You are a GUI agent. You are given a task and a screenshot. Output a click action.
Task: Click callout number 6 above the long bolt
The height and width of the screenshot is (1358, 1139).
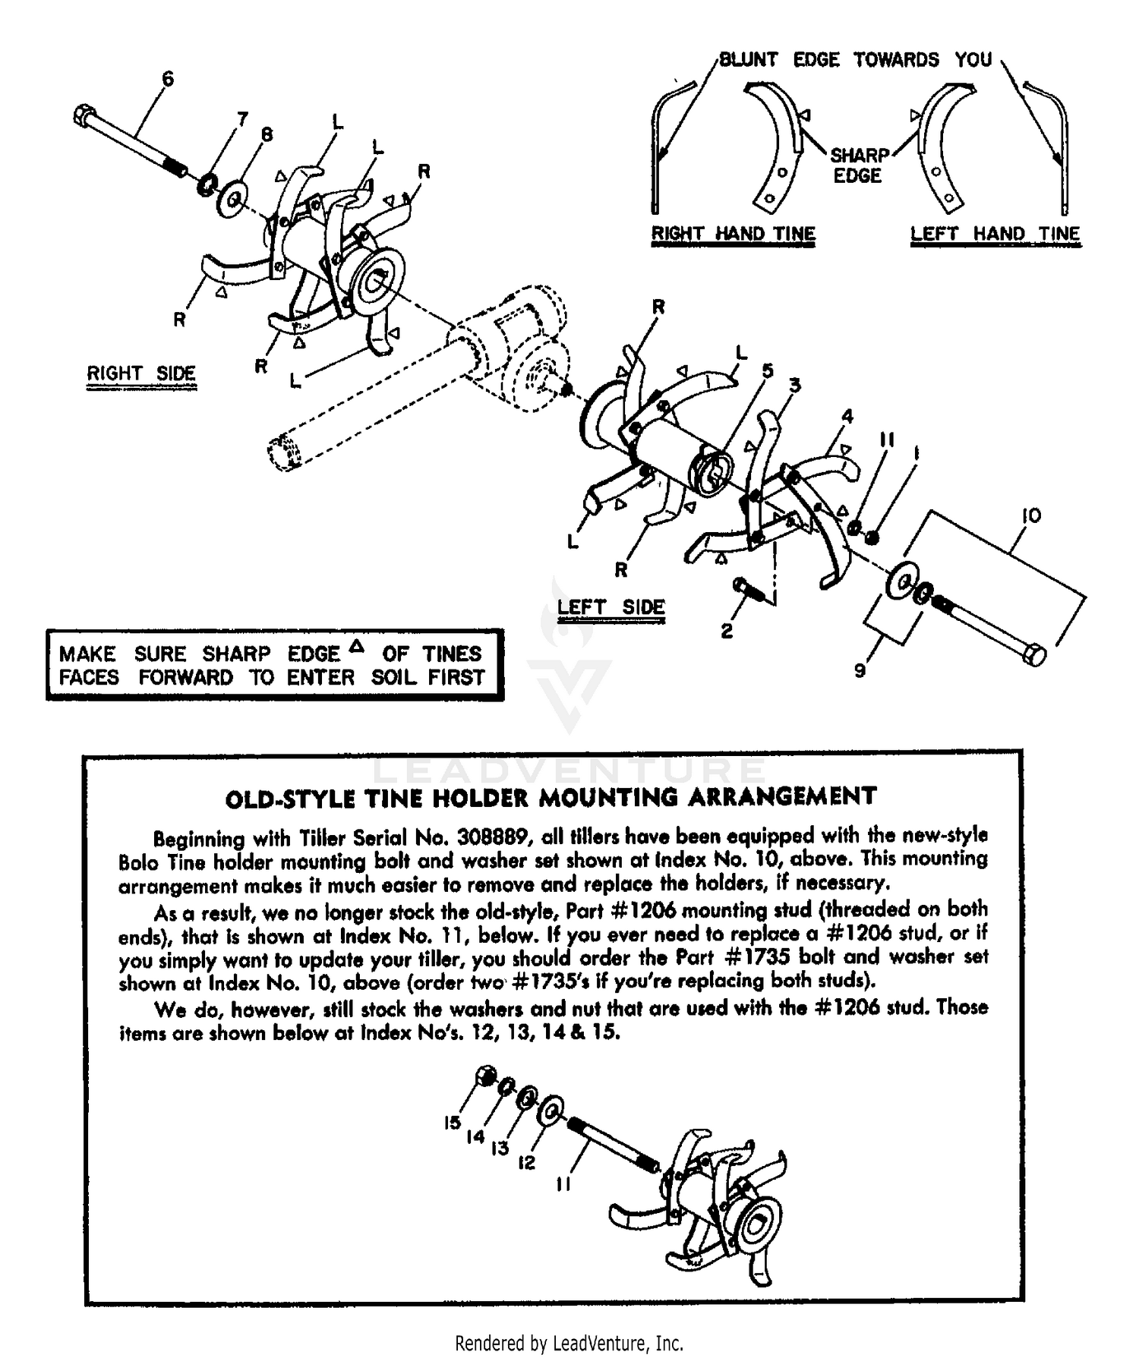tap(168, 79)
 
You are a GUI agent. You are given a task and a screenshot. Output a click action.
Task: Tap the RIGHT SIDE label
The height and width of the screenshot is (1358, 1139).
tap(141, 373)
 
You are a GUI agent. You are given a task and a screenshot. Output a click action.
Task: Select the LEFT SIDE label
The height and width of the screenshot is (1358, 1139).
tap(611, 607)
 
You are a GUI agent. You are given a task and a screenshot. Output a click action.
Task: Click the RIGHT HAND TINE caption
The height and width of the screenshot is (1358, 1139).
tap(733, 234)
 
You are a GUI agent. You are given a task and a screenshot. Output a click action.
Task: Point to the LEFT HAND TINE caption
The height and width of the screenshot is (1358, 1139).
tap(995, 234)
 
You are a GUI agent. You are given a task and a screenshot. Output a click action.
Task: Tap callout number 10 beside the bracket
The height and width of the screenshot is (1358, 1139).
tap(1030, 516)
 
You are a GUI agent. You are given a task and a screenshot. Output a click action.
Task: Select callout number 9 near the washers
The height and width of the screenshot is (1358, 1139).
tap(860, 671)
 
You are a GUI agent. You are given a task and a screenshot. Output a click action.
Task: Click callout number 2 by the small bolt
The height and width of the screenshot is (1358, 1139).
tap(727, 632)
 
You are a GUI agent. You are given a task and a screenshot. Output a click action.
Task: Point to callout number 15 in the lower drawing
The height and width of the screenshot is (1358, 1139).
tap(453, 1122)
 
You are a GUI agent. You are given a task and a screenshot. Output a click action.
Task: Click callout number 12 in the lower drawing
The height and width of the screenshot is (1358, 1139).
tap(527, 1162)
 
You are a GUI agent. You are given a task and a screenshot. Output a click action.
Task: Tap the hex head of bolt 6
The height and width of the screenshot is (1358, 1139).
tap(84, 116)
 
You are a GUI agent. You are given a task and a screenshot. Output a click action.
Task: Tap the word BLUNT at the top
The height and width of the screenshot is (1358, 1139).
tap(748, 60)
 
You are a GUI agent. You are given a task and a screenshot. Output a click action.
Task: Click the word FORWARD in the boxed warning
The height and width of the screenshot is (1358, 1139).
tap(185, 677)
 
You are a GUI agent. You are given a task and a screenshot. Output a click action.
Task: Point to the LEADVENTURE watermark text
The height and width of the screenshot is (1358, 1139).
tap(569, 770)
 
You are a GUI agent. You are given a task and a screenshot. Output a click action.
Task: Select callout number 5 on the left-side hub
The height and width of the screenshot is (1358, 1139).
tap(768, 370)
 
